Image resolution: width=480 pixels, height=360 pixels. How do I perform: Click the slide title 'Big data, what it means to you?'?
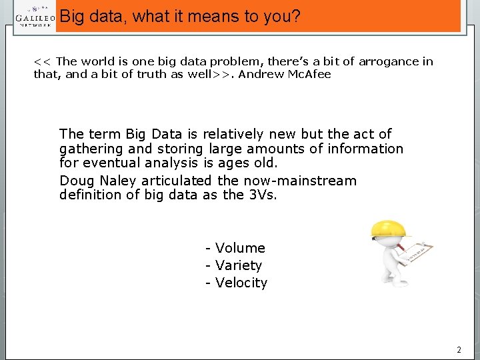180,16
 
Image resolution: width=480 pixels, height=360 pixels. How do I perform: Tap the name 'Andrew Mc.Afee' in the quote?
285,74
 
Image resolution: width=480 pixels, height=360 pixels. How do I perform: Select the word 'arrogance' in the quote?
386,61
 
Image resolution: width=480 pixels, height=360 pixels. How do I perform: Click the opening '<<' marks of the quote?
43,61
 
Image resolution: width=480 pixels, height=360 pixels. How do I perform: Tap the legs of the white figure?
391,273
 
